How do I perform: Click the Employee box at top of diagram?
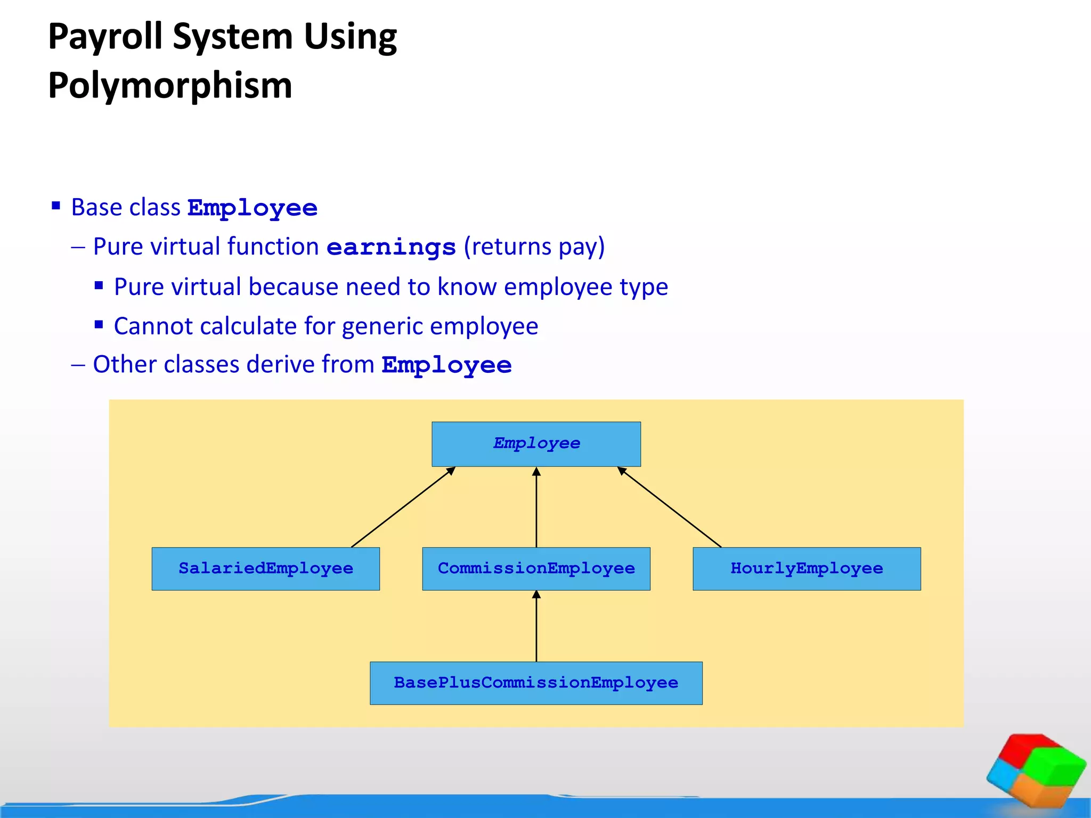click(536, 444)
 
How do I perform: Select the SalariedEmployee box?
click(265, 568)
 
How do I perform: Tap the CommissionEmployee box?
click(536, 568)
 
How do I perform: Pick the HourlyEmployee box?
click(807, 568)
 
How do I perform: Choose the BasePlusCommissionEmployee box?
click(536, 683)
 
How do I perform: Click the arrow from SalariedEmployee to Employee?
click(403, 507)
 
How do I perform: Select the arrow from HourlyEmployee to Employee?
click(669, 507)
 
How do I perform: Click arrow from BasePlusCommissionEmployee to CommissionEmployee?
click(536, 626)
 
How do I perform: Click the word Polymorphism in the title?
click(170, 85)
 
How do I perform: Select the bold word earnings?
click(391, 247)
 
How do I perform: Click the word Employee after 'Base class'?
click(253, 208)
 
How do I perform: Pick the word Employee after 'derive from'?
click(446, 365)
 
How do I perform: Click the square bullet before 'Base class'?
click(56, 206)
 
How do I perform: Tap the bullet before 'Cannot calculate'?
click(99, 324)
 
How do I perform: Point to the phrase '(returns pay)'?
click(534, 247)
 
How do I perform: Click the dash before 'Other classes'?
click(78, 365)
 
